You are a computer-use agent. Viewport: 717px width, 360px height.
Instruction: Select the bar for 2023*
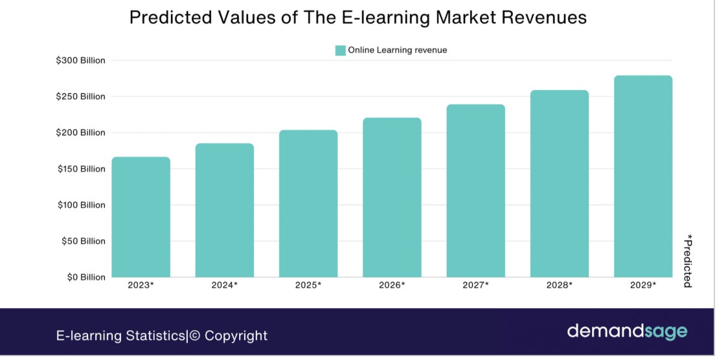click(x=141, y=217)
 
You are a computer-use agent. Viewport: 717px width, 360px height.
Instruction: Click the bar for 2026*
click(x=392, y=197)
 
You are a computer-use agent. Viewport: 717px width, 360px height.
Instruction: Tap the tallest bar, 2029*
click(x=643, y=176)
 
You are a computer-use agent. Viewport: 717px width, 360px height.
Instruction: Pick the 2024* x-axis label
click(x=225, y=285)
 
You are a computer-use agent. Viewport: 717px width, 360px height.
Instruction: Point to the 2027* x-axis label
click(x=475, y=285)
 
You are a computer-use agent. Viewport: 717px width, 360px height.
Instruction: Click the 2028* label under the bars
click(x=560, y=285)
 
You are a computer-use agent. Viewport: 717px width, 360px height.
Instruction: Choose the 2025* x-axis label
click(x=308, y=285)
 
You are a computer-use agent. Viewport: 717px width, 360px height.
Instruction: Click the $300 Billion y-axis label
click(x=80, y=61)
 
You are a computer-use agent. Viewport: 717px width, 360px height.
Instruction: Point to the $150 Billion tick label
click(x=80, y=169)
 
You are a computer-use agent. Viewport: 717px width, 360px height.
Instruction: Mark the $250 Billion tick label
click(x=80, y=96)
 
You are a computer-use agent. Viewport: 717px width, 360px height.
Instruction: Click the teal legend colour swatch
click(x=340, y=51)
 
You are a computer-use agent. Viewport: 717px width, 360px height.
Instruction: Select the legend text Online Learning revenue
click(x=397, y=51)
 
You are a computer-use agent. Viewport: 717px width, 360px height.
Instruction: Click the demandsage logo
click(x=627, y=332)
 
